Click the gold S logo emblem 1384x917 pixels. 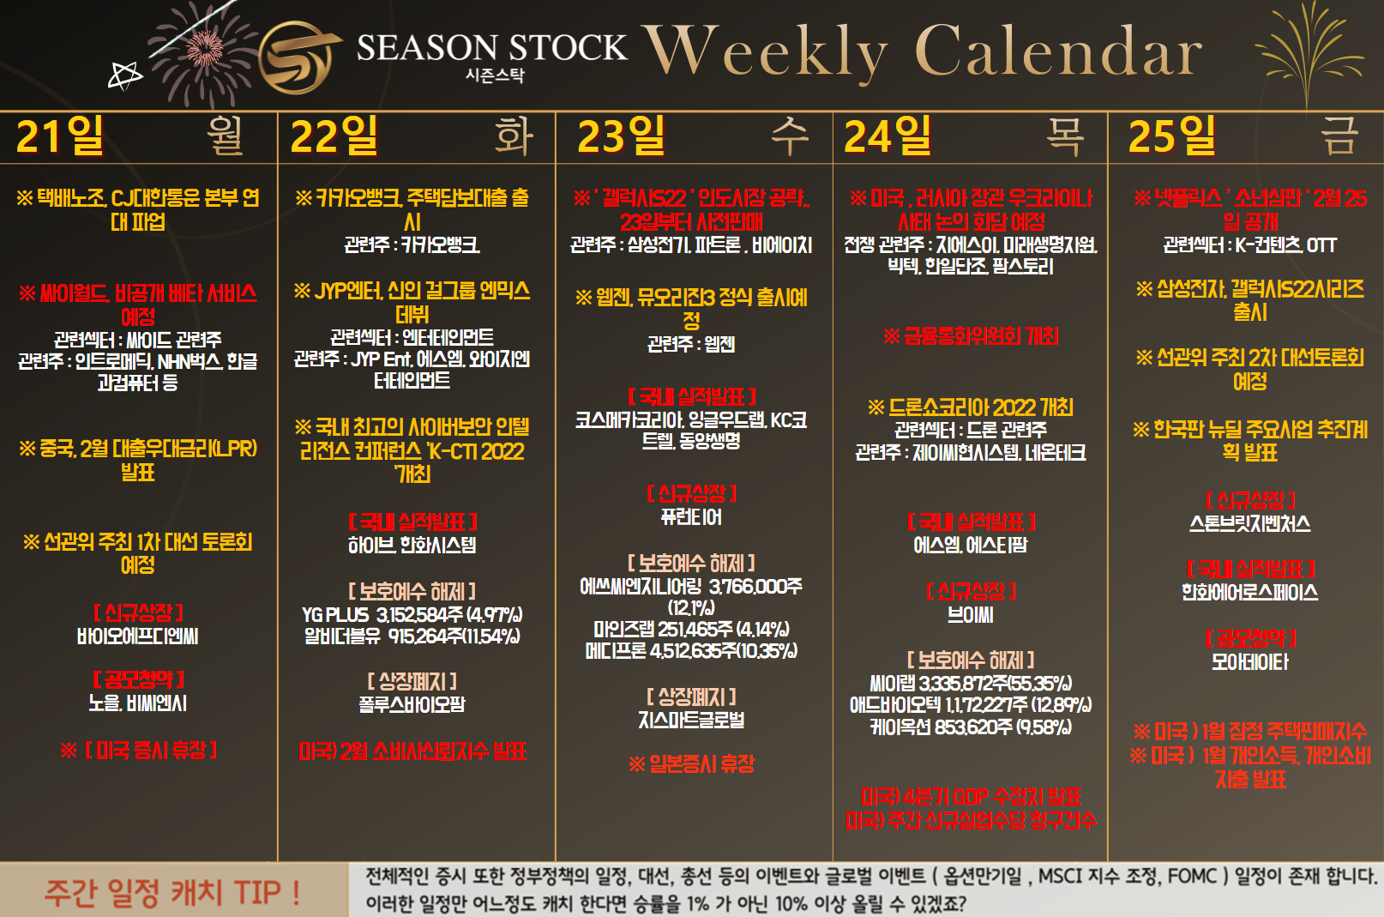coord(298,57)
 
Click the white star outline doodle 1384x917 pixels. coord(125,76)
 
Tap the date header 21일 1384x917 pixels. coord(60,136)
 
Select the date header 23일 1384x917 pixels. coord(621,136)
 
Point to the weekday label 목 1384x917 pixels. coord(1064,136)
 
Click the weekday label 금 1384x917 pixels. coord(1339,136)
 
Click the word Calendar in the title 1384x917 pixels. coord(1058,51)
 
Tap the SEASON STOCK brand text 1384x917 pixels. coord(492,47)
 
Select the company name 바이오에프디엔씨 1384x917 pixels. coord(138,636)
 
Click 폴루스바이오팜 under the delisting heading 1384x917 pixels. coord(412,704)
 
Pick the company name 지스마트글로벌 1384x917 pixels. coord(691,720)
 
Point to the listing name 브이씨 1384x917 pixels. coord(971,615)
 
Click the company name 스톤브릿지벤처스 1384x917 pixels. coord(1250,523)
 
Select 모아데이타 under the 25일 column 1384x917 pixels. coord(1250,661)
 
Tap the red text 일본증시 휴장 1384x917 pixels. coord(692,764)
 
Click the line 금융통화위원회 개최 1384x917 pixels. coord(972,336)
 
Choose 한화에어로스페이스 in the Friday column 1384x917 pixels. coord(1250,592)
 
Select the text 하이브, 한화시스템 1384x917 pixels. coord(412,545)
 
